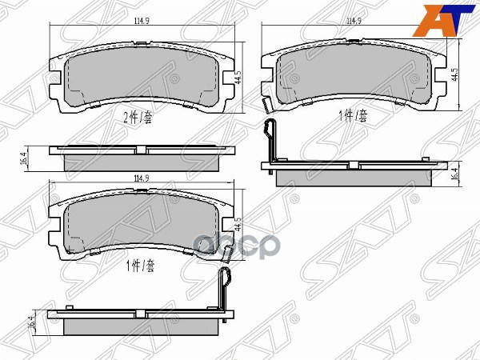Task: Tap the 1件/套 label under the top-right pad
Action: coord(352,116)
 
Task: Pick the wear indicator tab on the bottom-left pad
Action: coord(226,256)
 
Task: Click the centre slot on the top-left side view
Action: coord(141,151)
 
